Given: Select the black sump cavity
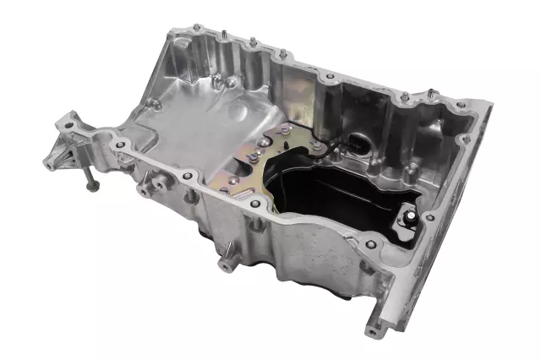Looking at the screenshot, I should coord(338,199).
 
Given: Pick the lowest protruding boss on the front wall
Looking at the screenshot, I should coord(226,264).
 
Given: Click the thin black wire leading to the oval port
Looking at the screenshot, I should coord(334,153).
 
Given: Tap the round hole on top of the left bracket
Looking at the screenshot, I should coord(71,127).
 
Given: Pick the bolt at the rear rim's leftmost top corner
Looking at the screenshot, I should coord(196,29).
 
